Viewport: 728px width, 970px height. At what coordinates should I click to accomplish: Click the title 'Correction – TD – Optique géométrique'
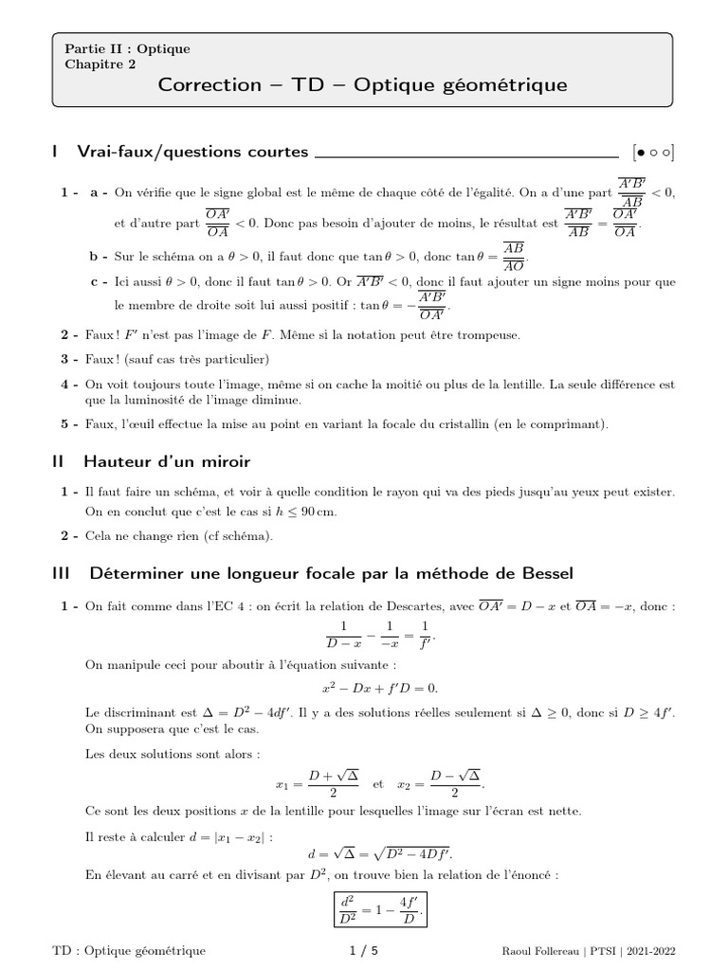tap(363, 85)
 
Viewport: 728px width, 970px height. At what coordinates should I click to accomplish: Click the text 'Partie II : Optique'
tap(127, 49)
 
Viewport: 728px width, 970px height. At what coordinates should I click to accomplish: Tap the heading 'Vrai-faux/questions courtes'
tap(192, 152)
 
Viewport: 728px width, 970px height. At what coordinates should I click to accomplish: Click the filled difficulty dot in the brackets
tap(642, 152)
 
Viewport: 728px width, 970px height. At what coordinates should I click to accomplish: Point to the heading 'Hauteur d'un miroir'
tap(167, 462)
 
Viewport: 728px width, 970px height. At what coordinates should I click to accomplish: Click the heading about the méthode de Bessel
tap(331, 573)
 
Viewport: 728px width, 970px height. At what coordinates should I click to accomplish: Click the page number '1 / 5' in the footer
tap(364, 950)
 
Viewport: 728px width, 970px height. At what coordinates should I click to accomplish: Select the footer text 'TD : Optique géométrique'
tap(128, 950)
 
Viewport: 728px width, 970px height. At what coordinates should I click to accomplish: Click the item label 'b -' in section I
tap(98, 257)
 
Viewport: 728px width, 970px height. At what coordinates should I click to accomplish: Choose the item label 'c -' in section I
tap(98, 281)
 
